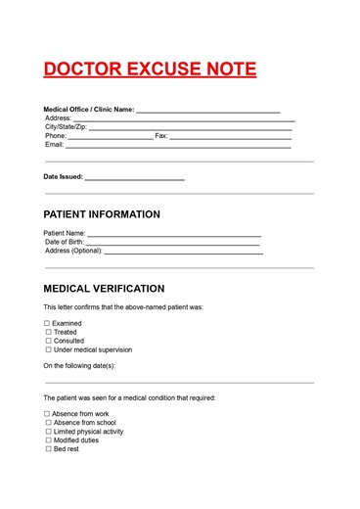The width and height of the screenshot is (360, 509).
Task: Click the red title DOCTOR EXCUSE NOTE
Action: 150,69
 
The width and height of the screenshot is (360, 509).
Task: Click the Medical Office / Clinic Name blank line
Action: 207,113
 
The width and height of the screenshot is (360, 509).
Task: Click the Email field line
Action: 178,148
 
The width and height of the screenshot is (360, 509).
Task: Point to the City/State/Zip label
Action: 66,127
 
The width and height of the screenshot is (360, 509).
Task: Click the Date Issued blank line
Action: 134,180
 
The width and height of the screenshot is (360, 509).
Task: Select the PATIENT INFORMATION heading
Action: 102,214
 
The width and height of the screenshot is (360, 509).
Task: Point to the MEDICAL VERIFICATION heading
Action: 104,289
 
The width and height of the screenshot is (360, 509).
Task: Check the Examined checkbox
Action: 47,323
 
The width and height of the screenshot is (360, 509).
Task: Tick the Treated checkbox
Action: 47,332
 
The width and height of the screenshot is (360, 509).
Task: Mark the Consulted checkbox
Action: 47,341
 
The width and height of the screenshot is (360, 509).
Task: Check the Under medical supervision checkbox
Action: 47,349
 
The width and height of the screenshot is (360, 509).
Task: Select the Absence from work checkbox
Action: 47,414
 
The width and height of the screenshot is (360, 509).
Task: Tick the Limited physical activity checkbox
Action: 47,432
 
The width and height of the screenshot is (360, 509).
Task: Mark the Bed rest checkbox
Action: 47,449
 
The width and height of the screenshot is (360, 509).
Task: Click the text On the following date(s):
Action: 79,365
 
